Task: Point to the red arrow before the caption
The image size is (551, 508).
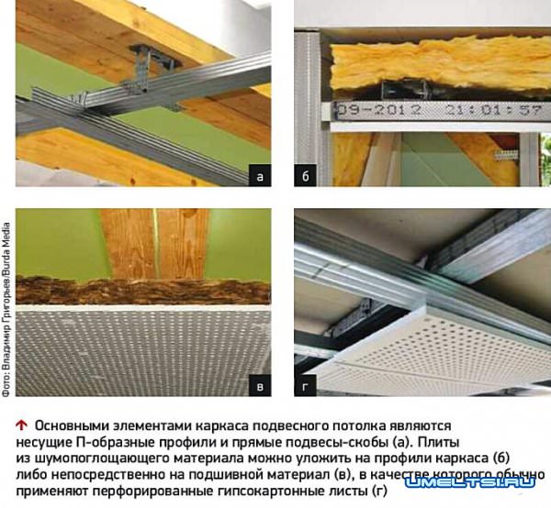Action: (21, 425)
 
